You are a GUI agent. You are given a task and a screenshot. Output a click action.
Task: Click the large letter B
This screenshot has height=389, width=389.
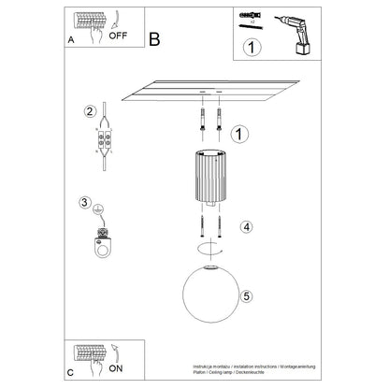pyautogui.click(x=155, y=38)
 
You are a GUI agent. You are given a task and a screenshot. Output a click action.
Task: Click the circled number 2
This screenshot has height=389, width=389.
pyautogui.click(x=90, y=112)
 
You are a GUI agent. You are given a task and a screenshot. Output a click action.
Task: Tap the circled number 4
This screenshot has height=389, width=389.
pyautogui.click(x=245, y=226)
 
